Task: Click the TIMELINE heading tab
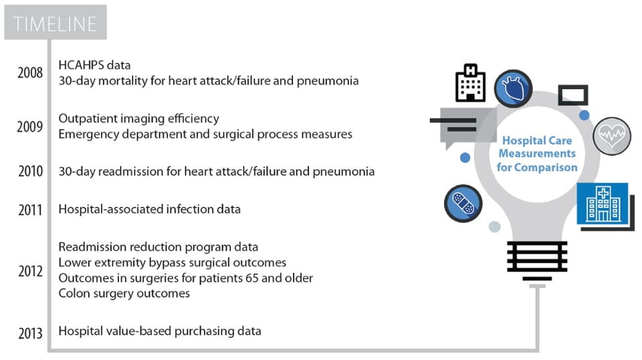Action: coord(55,25)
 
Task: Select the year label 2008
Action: coord(30,73)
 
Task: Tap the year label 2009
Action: coord(30,126)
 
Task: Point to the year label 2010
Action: coord(30,172)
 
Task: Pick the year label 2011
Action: coord(30,210)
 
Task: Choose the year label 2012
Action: coord(30,271)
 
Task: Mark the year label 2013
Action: coord(30,332)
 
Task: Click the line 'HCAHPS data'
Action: coord(94,65)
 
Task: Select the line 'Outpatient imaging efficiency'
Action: coord(138,118)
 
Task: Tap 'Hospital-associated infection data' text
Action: coord(149,209)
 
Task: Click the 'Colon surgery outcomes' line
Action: coord(124,293)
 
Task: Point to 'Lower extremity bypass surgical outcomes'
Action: coord(172,262)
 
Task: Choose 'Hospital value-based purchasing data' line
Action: coord(159,331)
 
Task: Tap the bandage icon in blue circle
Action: coord(463,203)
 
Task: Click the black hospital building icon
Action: coord(470,84)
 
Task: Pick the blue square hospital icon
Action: coord(602,203)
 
